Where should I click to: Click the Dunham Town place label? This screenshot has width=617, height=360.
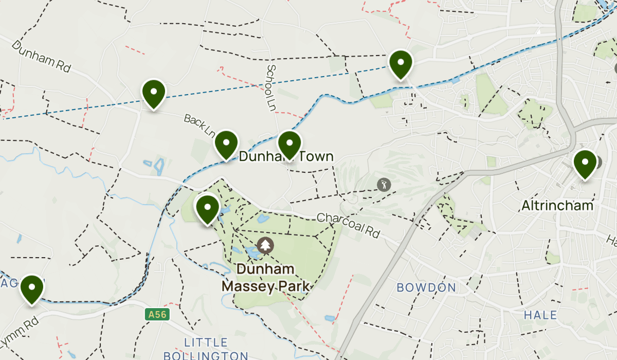(286, 157)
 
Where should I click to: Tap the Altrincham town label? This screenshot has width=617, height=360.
(557, 206)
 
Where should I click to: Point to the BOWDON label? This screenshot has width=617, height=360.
(426, 287)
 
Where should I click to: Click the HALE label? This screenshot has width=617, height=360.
(540, 315)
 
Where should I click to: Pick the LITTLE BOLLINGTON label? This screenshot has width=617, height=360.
(206, 349)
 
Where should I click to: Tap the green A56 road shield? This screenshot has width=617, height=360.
(157, 314)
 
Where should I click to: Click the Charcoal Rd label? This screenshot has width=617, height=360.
(348, 225)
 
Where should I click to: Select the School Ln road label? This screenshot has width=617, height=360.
(271, 87)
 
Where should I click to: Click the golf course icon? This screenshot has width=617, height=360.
(383, 184)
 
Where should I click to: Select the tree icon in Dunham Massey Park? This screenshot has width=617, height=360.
(265, 245)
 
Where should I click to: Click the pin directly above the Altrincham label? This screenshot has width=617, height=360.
(585, 164)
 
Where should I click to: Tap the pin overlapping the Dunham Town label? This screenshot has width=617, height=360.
(289, 145)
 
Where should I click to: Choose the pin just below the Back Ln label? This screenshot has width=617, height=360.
(226, 145)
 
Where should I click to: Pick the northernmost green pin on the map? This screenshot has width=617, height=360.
(401, 64)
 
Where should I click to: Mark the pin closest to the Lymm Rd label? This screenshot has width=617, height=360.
(31, 289)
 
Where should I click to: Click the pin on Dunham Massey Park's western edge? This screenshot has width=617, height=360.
(207, 209)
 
